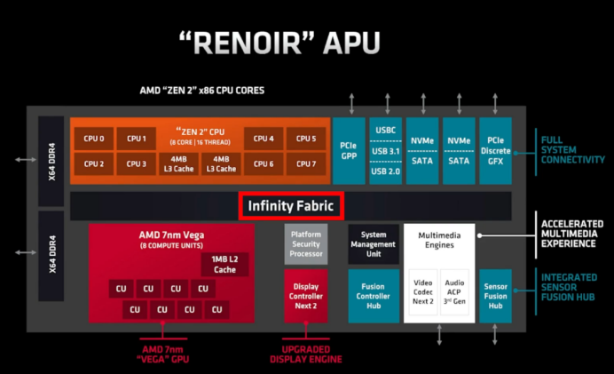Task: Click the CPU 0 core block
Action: pos(94,139)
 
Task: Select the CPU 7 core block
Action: pos(306,164)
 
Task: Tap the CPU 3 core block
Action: pos(136,164)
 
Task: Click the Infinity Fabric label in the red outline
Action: pos(290,206)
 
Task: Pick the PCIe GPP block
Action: pos(349,152)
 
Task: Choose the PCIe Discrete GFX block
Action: pos(494,152)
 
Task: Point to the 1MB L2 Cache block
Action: pos(224,265)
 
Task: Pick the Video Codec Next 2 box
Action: pos(423,294)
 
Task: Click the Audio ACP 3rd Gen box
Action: pos(454,294)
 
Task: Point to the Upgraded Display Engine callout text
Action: pos(304,354)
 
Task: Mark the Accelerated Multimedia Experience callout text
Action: pos(572,233)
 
